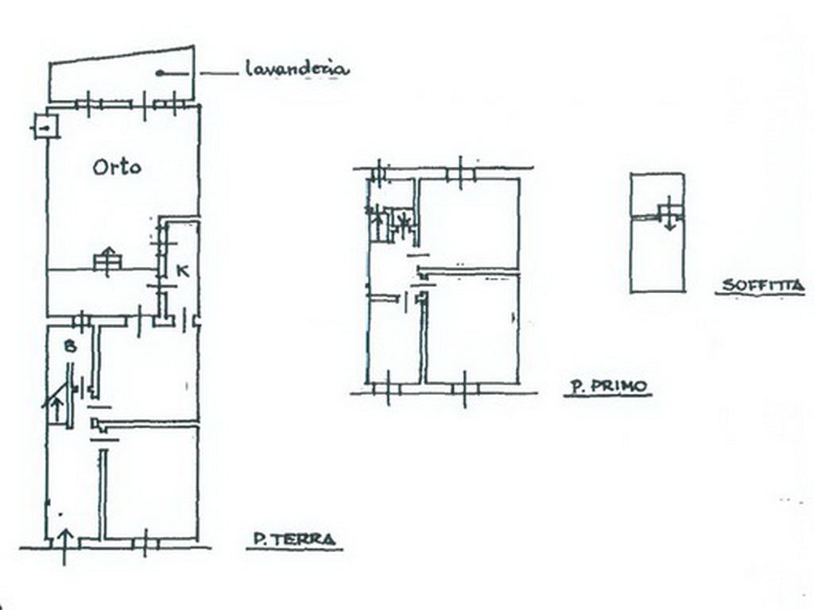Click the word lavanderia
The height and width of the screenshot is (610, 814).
coord(297,69)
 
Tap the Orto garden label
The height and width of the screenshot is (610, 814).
coord(117,167)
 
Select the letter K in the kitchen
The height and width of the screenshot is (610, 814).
coord(182,270)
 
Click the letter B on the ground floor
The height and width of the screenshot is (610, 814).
coord(71,346)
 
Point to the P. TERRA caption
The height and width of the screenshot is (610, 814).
coord(294,539)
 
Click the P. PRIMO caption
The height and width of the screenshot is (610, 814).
coord(608,387)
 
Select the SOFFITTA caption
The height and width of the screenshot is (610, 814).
coord(763,285)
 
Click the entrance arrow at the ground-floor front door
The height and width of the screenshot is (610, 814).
coord(64,546)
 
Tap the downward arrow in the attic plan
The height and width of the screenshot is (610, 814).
coord(669,214)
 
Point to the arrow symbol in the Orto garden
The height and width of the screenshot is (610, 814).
coord(108,261)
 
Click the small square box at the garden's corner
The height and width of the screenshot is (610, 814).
coord(45,126)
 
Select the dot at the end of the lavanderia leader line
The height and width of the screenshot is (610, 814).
coord(159,74)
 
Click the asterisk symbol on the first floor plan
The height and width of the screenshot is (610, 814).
coord(403,221)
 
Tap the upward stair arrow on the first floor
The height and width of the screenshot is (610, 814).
coord(378,224)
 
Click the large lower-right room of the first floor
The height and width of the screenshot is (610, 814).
coord(472,329)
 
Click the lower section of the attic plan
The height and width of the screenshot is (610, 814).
coord(657,254)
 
